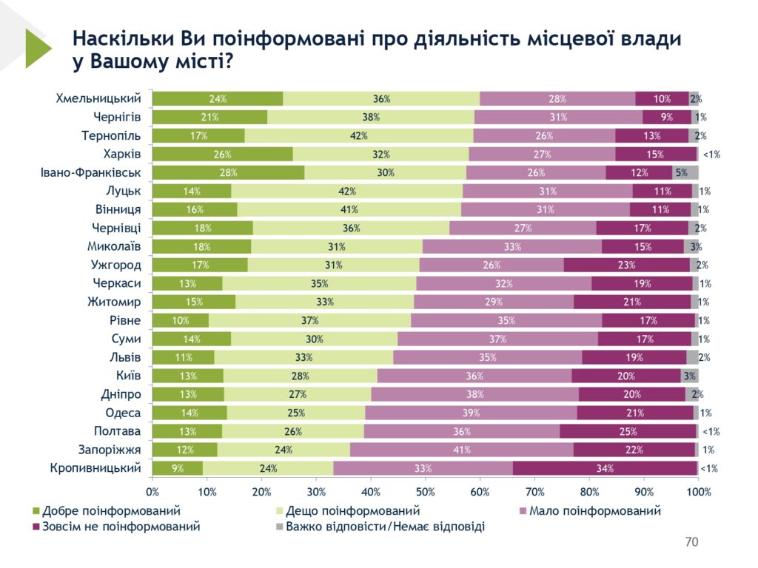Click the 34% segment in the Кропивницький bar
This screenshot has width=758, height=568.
click(604, 467)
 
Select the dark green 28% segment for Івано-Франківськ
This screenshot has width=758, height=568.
click(228, 172)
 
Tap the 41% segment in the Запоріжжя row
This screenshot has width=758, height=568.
click(461, 449)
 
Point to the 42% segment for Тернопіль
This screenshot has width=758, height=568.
click(358, 135)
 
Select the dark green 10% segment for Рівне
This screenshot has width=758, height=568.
click(180, 320)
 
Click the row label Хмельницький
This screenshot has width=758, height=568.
click(98, 98)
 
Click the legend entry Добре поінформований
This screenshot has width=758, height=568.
click(111, 511)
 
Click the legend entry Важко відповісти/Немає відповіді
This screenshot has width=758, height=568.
click(385, 527)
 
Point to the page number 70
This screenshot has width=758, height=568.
click(691, 542)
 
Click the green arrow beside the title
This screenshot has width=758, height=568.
click(37, 48)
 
